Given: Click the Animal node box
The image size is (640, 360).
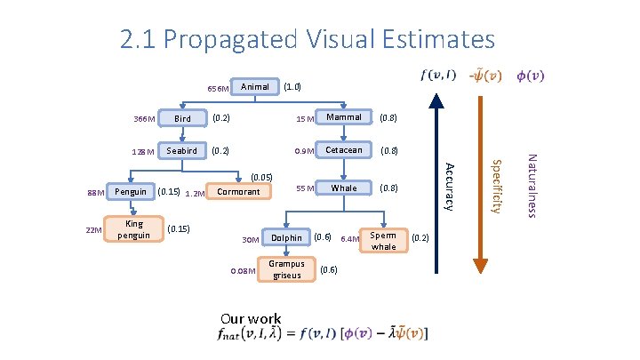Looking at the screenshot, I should pos(255,87).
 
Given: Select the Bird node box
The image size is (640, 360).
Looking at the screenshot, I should pos(182,118).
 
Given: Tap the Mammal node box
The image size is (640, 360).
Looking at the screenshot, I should pos(344,117).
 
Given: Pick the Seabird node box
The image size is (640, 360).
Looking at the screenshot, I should pos(182,151).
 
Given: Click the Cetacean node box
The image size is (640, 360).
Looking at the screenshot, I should pos(344,151).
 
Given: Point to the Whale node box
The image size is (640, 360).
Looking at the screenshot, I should pos(344,188).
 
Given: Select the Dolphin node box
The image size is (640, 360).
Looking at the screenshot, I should pos(286,238).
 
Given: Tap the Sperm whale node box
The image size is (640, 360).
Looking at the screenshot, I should pos(384,240).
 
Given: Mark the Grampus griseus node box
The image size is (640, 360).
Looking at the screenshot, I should pos(286,269).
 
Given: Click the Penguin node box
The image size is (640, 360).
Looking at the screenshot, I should pos(131,191).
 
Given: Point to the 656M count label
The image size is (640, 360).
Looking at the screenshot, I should pos(219,89).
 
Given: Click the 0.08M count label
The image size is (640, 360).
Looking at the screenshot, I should pos(243,270).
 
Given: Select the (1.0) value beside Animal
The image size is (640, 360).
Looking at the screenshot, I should pos(292,87).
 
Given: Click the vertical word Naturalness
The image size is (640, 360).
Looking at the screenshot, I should pos(532,185).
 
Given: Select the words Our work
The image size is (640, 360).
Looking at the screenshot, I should pos(251,319).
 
